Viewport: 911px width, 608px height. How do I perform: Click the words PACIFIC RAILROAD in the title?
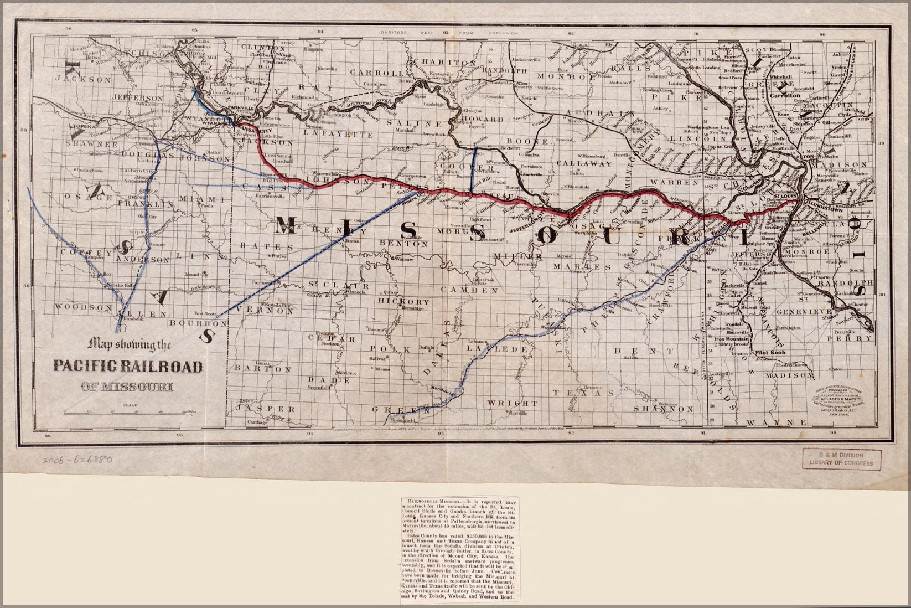coord(128,367)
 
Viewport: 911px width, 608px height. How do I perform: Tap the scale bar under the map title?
coord(127,412)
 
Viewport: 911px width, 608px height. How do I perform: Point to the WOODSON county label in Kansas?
coord(76,306)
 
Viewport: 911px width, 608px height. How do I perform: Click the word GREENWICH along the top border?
coord(503,33)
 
